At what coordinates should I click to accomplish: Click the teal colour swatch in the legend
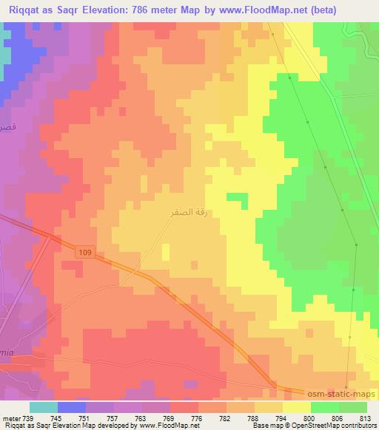coord(44,406)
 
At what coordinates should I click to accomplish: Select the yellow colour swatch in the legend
coord(296,406)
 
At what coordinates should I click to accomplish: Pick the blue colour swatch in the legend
coord(71,406)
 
